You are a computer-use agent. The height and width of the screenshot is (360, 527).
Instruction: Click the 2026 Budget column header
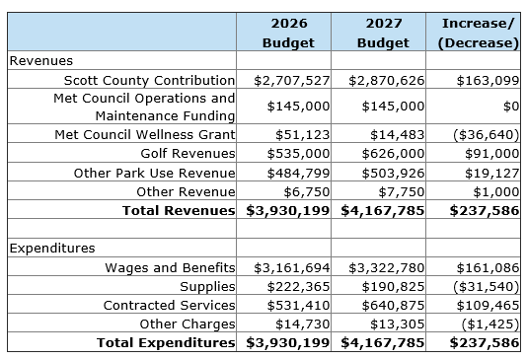click(x=288, y=33)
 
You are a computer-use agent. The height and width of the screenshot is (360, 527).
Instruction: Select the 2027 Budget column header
click(x=383, y=33)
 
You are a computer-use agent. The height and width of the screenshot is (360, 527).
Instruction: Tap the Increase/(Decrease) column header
click(x=479, y=33)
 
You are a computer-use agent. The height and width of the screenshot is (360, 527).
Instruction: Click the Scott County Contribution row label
click(x=149, y=81)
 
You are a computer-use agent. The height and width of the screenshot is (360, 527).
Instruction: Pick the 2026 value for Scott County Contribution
click(x=292, y=81)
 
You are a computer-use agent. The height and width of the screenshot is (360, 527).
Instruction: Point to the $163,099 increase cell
click(x=488, y=81)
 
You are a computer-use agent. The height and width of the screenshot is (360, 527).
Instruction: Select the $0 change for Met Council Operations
click(x=511, y=107)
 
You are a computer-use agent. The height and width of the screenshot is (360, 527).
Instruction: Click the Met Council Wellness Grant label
click(x=145, y=134)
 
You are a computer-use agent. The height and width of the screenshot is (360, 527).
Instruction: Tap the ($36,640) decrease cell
click(x=486, y=135)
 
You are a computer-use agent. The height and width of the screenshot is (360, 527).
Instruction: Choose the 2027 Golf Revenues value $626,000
click(x=393, y=154)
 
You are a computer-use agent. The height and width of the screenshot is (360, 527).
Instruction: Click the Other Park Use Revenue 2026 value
click(x=298, y=173)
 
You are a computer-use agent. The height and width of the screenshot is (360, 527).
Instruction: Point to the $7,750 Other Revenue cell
click(x=402, y=191)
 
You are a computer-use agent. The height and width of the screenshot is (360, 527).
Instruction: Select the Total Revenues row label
click(x=179, y=210)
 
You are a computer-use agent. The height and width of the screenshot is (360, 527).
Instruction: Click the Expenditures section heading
click(x=52, y=249)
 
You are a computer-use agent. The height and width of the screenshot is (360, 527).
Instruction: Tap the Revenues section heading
click(x=41, y=61)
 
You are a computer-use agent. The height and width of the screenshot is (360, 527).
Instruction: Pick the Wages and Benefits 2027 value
click(x=387, y=267)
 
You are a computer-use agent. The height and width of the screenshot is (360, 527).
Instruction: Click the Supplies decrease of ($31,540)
click(x=486, y=286)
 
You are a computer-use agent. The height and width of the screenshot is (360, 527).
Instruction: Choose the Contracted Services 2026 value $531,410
click(x=298, y=306)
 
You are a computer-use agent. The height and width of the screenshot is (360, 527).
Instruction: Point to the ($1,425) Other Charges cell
click(x=490, y=324)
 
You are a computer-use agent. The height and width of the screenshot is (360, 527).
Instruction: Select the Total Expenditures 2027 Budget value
click(x=383, y=343)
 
